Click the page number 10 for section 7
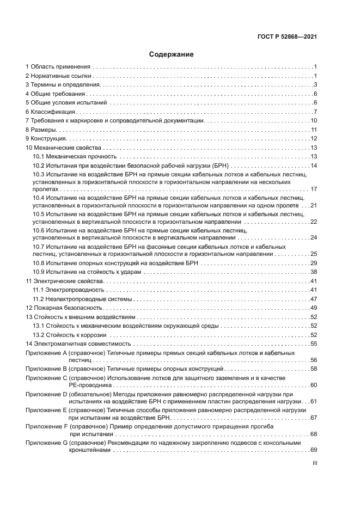point(314,121)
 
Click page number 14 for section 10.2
point(314,165)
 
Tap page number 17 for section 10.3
point(314,189)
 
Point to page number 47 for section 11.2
point(314,299)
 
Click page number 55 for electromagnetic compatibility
point(314,344)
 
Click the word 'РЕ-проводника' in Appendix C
point(88,385)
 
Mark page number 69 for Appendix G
point(314,450)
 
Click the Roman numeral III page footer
point(314,465)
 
